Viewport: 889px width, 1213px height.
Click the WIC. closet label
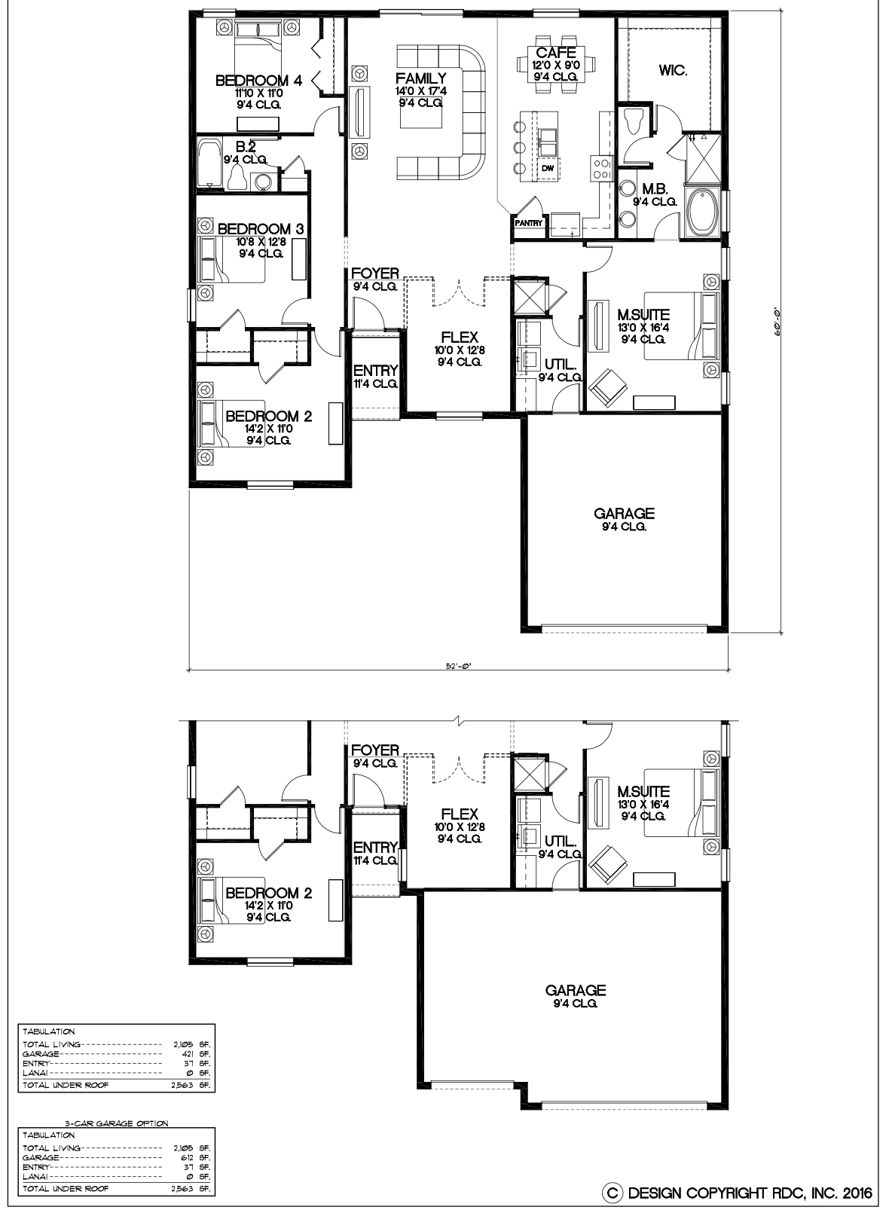[x=673, y=70]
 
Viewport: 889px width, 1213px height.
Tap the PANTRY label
[x=529, y=222]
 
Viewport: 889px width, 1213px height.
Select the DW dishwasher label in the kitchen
[x=548, y=169]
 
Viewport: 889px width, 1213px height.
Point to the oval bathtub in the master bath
[x=703, y=212]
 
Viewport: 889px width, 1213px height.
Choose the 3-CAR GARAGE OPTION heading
[x=117, y=1123]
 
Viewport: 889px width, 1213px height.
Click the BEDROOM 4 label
[x=259, y=81]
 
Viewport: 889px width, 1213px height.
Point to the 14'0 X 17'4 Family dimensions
[x=421, y=91]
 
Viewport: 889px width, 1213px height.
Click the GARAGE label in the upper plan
[x=625, y=513]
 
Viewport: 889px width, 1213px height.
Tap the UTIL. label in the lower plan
[x=560, y=841]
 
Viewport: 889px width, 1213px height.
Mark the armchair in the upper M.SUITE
[x=607, y=386]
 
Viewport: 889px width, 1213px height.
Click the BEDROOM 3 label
[x=261, y=229]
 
